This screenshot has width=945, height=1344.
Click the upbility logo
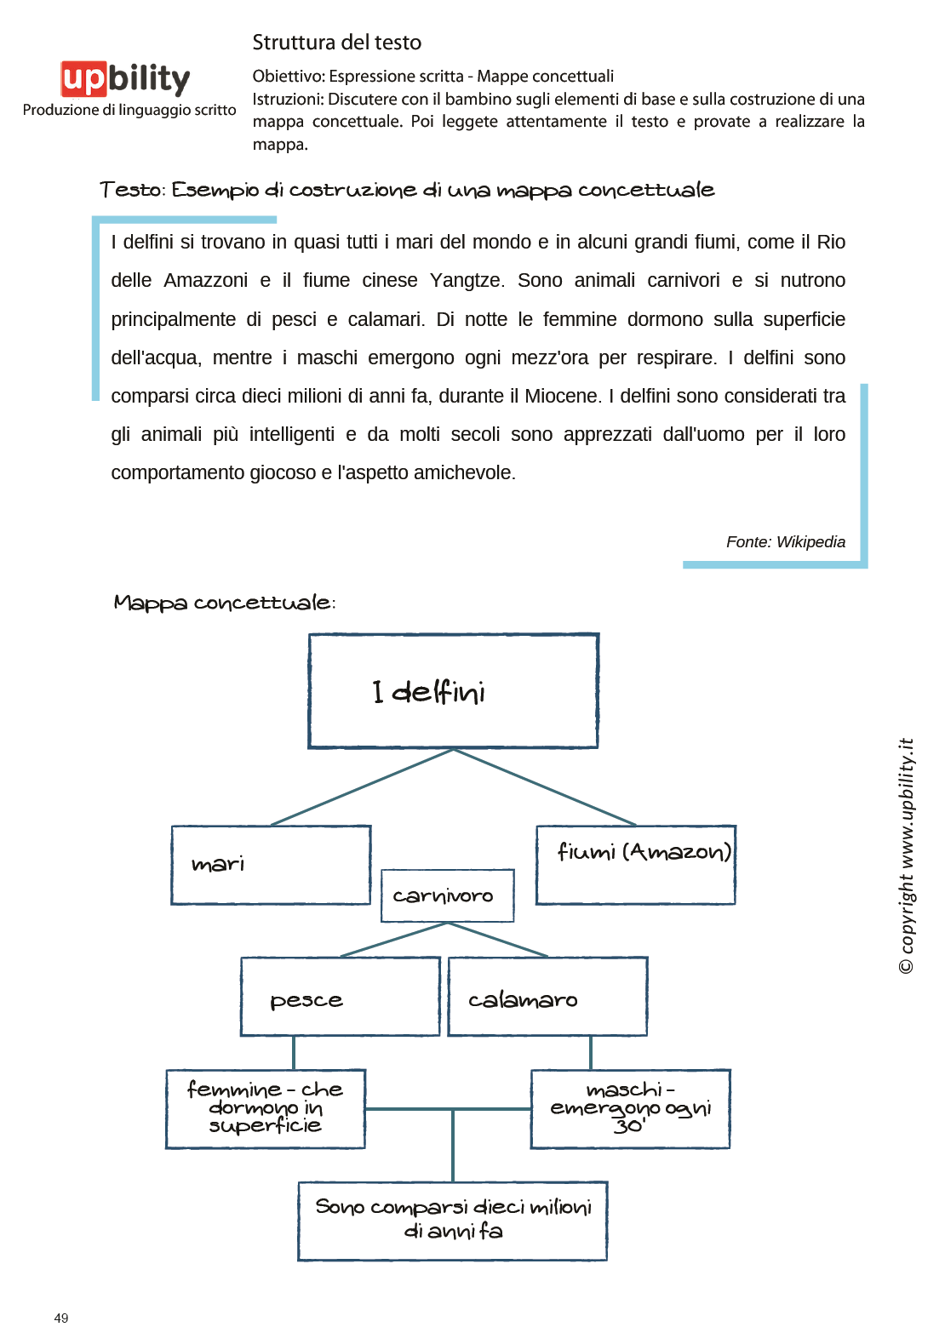click(125, 79)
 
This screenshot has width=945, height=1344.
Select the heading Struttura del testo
click(336, 43)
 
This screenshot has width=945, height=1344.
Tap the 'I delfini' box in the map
click(453, 691)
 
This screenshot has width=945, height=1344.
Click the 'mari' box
click(271, 865)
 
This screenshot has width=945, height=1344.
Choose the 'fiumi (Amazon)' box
click(636, 865)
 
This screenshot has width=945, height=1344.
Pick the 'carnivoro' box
click(447, 895)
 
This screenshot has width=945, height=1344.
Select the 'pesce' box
click(340, 997)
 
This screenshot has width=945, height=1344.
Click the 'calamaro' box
click(547, 997)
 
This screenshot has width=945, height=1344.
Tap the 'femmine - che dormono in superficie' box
click(266, 1108)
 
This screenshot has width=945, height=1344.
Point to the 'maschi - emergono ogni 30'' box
click(630, 1108)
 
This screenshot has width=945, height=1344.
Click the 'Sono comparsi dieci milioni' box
click(452, 1221)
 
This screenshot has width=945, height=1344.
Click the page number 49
click(61, 1318)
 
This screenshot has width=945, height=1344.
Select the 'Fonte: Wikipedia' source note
click(785, 542)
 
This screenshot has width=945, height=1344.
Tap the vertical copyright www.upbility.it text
click(907, 855)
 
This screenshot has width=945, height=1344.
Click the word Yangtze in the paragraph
click(467, 281)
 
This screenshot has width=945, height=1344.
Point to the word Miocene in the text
click(561, 397)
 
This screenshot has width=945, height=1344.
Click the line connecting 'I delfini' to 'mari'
click(362, 787)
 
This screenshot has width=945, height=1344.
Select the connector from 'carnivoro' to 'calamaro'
click(498, 940)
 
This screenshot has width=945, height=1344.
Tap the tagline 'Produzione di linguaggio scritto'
click(129, 110)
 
